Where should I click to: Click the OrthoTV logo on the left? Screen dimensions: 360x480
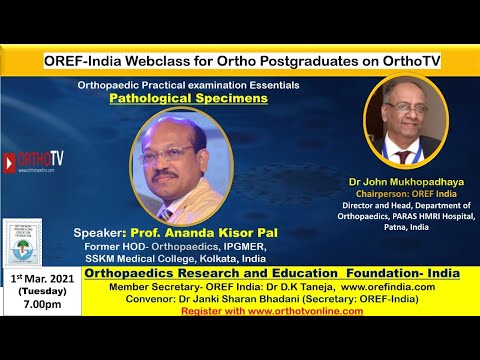tap(34, 159)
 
